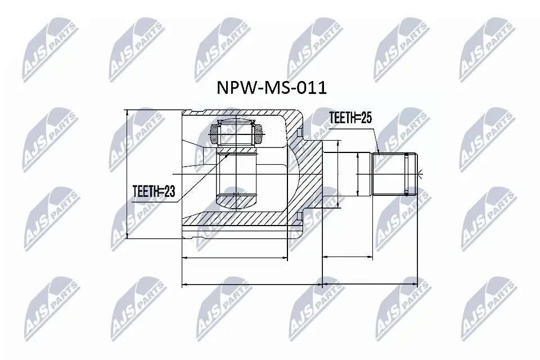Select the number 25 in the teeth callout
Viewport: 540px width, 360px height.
366,118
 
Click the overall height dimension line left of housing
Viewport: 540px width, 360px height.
128,174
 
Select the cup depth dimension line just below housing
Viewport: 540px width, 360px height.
236,258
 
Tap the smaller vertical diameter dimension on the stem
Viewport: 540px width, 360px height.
358,174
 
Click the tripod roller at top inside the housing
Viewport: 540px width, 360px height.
237,134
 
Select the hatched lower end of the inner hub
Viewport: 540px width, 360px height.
237,200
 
